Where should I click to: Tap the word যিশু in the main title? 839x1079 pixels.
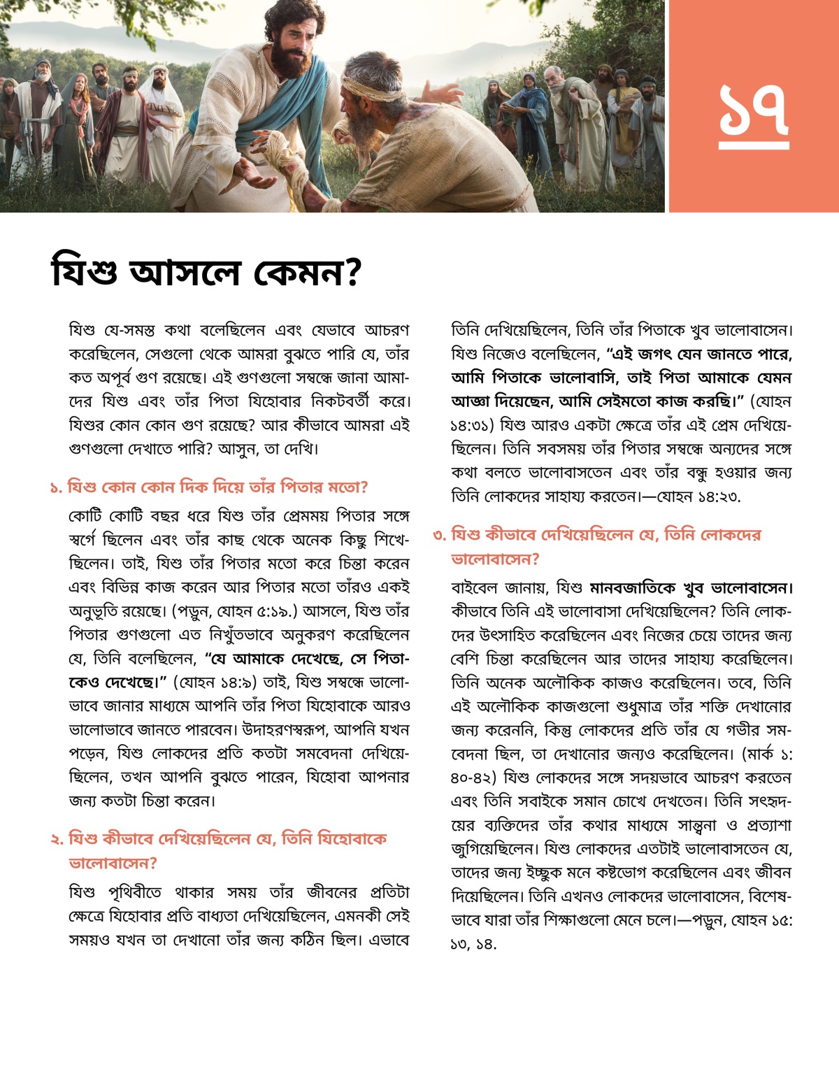85,272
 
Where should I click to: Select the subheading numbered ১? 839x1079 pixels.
208,487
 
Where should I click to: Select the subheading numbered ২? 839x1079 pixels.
218,850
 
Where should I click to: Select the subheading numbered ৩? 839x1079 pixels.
596,546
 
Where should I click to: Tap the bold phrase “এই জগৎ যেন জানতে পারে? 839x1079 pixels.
699,354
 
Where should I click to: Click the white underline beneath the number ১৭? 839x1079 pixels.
754,145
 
